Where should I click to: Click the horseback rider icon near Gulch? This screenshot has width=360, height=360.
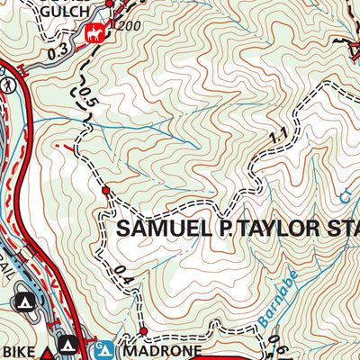94,34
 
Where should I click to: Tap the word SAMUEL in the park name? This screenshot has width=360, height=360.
159,228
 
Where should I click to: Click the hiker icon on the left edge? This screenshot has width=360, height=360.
7,84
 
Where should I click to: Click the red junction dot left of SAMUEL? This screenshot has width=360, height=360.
105,191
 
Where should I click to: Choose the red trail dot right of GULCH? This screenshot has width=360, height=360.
112,13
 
